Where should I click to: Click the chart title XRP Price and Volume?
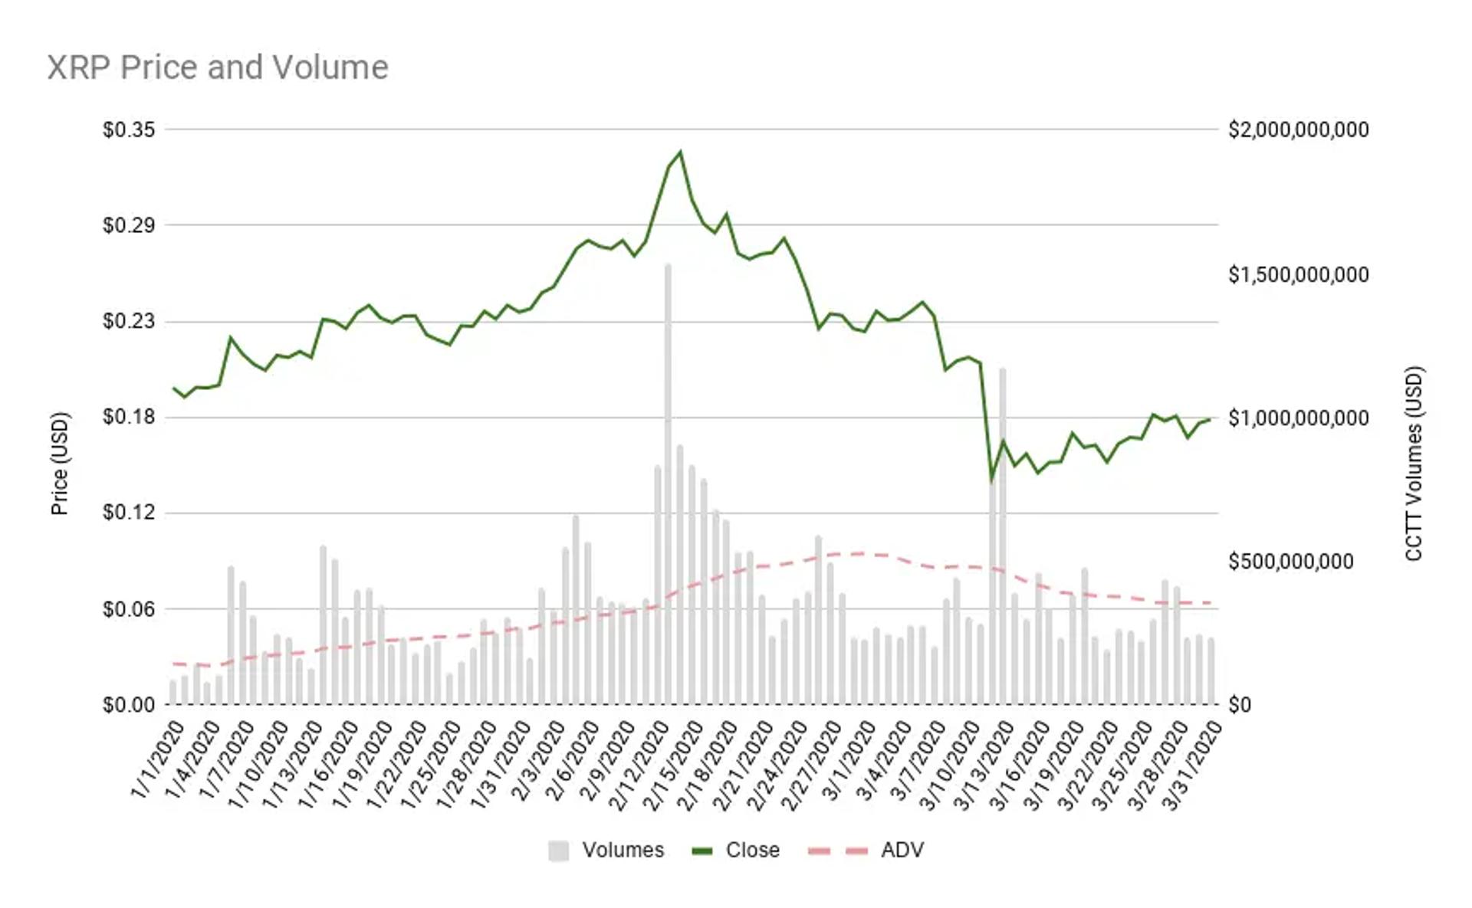(218, 67)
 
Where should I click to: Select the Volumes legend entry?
(606, 851)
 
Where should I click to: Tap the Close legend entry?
(735, 851)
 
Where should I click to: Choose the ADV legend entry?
(866, 851)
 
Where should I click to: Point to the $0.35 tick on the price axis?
(129, 129)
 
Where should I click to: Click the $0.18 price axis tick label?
(129, 418)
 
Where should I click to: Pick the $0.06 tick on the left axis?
(129, 609)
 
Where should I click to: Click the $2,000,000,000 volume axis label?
(1298, 129)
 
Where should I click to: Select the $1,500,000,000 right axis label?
(1298, 274)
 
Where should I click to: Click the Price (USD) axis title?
(60, 464)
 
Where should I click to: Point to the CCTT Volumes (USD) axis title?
(1414, 464)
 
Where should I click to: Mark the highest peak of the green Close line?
(680, 152)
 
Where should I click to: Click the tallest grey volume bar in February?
(668, 484)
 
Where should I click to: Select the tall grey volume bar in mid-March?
(1002, 536)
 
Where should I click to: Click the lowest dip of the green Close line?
(991, 480)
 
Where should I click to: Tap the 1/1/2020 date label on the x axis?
(158, 759)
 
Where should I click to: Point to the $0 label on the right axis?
(1239, 705)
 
